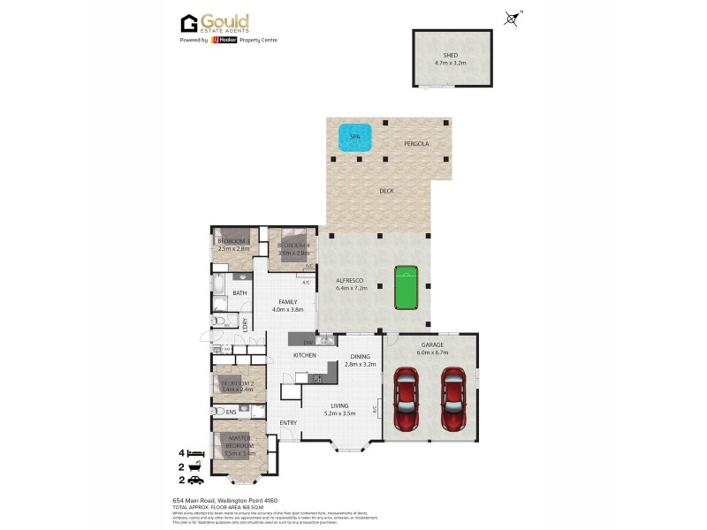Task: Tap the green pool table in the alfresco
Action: pyautogui.click(x=406, y=285)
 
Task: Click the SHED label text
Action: pyautogui.click(x=451, y=55)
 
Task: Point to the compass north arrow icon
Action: pyautogui.click(x=512, y=18)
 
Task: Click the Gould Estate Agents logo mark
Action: pyautogui.click(x=188, y=23)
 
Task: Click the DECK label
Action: pyautogui.click(x=386, y=191)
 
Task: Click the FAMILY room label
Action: pyautogui.click(x=288, y=302)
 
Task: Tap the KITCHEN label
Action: pyautogui.click(x=305, y=355)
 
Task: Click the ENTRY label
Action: pyautogui.click(x=289, y=422)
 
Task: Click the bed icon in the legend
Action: pyautogui.click(x=196, y=453)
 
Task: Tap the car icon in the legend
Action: pyautogui.click(x=196, y=480)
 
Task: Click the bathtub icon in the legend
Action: pyautogui.click(x=196, y=466)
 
